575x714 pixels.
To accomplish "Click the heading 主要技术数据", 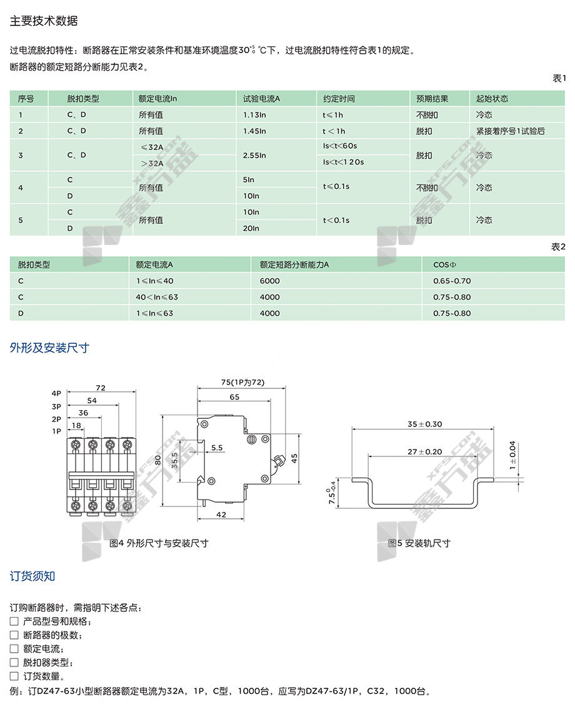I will pyautogui.click(x=44, y=21).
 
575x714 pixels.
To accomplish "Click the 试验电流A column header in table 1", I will pyautogui.click(x=261, y=99).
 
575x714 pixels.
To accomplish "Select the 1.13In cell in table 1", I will pyautogui.click(x=254, y=115).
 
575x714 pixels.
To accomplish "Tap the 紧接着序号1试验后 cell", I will pyautogui.click(x=510, y=131).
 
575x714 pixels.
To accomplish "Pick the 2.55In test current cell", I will pyautogui.click(x=254, y=155).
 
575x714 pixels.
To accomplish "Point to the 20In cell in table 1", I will pyautogui.click(x=251, y=228).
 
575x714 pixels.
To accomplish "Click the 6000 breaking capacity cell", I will pyautogui.click(x=270, y=281).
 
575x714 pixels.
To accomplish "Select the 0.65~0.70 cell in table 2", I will pyautogui.click(x=452, y=281).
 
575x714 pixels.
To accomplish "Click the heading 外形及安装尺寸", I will pyautogui.click(x=49, y=348).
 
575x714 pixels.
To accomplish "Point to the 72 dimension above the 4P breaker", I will pyautogui.click(x=101, y=388).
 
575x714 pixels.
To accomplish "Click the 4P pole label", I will pyautogui.click(x=57, y=393).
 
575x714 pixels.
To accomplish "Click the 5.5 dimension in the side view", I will pyautogui.click(x=217, y=448).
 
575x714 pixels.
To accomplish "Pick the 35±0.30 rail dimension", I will pyautogui.click(x=424, y=424).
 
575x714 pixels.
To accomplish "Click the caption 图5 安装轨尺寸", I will pyautogui.click(x=419, y=543).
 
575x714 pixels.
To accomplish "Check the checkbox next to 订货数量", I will pyautogui.click(x=14, y=676).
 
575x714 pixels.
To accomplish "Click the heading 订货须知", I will pyautogui.click(x=32, y=576).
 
